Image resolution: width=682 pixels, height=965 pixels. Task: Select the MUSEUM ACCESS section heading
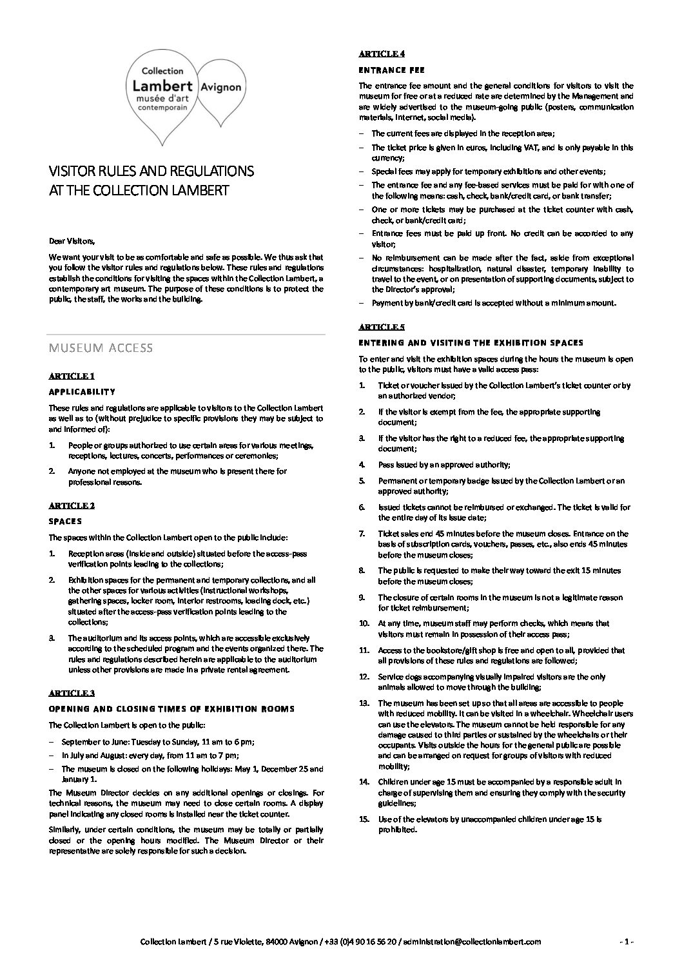point(101,348)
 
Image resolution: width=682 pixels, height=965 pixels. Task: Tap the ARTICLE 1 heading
point(72,376)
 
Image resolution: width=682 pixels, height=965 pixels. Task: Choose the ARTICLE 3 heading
point(72,693)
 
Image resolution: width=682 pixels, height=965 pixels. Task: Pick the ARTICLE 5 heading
point(382,327)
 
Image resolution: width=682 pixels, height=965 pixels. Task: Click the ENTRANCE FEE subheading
point(391,70)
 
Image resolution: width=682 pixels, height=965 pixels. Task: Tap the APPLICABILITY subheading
point(82,392)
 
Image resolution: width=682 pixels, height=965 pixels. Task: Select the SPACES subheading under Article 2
point(65,521)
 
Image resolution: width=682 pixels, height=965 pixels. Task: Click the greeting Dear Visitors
point(72,242)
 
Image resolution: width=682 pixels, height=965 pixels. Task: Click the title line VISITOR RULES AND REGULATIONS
point(151,171)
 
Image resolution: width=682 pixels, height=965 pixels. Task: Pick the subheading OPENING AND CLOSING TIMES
point(171,708)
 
